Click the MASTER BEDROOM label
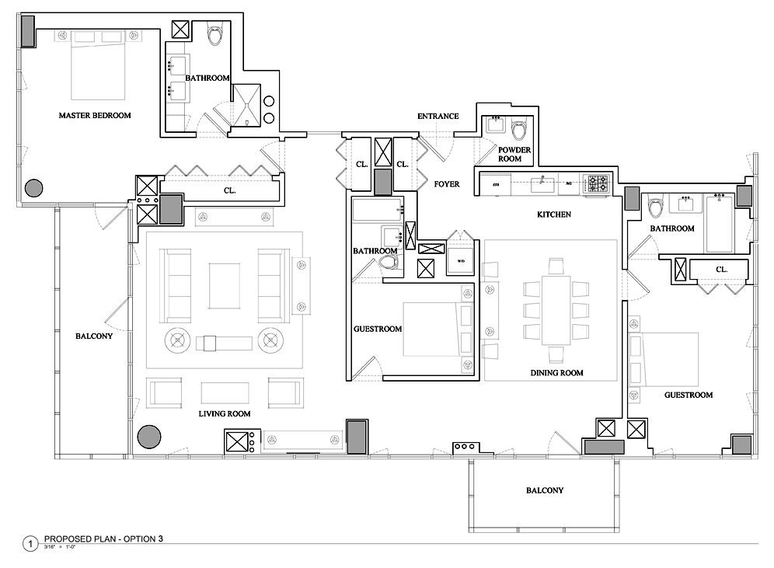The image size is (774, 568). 95,115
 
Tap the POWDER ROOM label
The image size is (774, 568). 514,154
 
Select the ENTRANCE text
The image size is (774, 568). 438,117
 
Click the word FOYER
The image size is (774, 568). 447,184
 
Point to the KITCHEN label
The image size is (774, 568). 554,214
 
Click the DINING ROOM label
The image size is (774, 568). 556,373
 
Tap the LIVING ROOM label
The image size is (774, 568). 224,413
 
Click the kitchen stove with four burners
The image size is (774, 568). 598,183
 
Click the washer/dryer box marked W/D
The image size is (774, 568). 460,262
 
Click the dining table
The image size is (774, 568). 556,309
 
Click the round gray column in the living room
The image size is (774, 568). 148,437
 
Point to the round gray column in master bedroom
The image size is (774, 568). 33,188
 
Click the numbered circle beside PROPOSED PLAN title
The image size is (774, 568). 30,543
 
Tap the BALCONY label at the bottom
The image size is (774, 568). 544,490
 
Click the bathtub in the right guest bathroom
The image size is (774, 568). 719,224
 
